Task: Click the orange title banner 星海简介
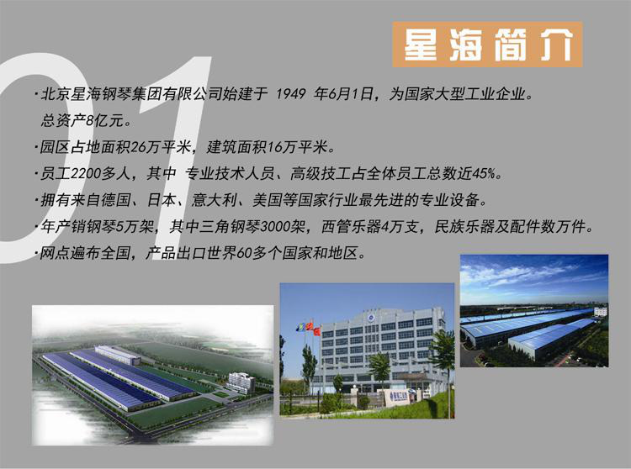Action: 487,45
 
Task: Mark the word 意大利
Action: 214,200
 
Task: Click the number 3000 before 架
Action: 276,227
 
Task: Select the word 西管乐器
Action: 352,227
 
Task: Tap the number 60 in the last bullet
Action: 244,253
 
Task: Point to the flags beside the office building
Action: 308,328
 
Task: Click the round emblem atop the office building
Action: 371,318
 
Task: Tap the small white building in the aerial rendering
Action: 241,382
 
